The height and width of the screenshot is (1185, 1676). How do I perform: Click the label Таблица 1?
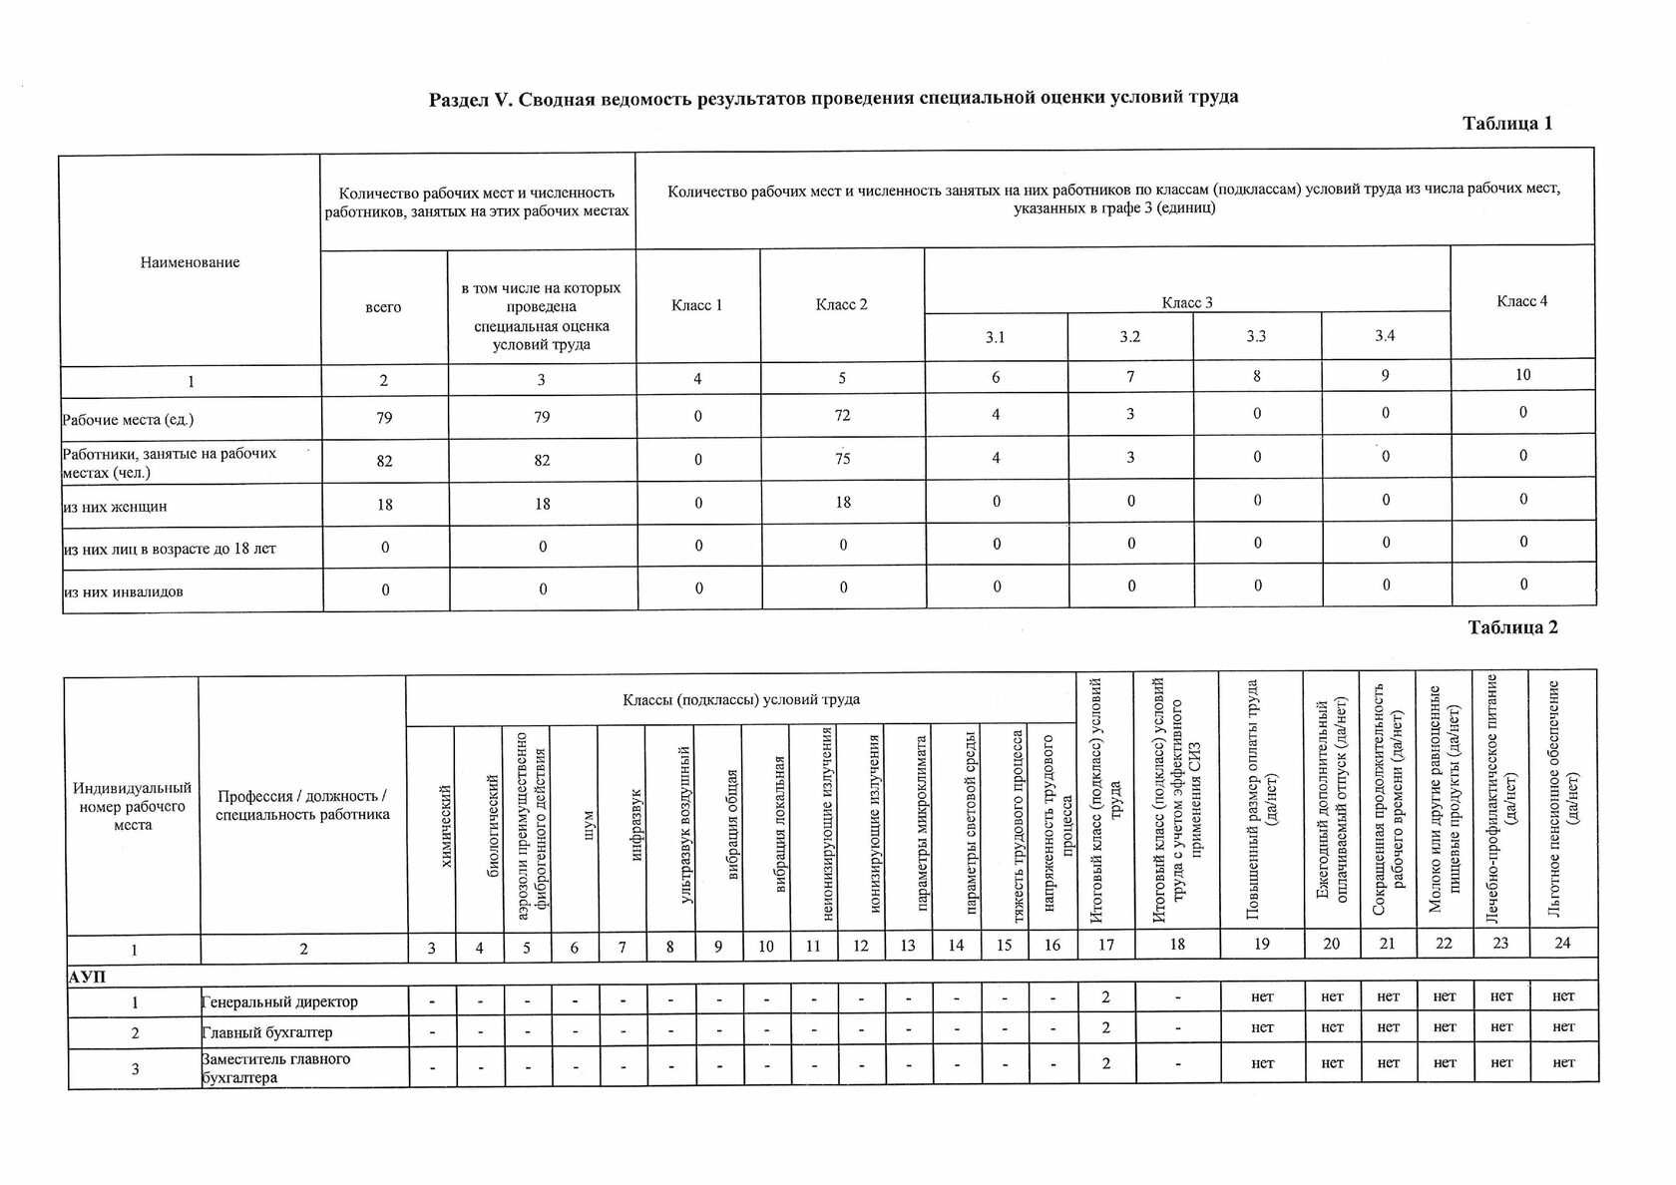[x=1506, y=124]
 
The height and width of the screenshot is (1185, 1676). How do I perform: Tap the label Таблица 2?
[x=1511, y=627]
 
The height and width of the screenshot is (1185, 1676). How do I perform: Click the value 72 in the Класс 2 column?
[x=842, y=415]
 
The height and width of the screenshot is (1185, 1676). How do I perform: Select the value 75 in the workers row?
[x=842, y=459]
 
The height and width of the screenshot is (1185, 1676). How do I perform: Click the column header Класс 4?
[x=1521, y=301]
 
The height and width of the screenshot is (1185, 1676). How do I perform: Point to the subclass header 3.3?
[x=1256, y=337]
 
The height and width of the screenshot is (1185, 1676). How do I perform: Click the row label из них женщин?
[x=115, y=507]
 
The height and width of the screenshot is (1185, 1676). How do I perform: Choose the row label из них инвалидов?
[x=123, y=592]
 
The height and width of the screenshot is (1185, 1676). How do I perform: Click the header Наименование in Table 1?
[x=190, y=262]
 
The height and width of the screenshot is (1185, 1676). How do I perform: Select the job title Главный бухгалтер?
[x=267, y=1032]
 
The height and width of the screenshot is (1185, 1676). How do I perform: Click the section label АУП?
[x=87, y=977]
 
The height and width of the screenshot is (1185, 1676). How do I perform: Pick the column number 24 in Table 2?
[x=1562, y=944]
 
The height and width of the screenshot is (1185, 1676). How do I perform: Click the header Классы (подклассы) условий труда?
[x=740, y=699]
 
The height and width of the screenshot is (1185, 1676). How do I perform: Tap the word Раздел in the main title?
[x=459, y=98]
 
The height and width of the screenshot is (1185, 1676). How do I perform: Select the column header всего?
[x=383, y=307]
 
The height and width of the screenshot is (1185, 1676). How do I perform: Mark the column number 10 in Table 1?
[x=1522, y=375]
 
